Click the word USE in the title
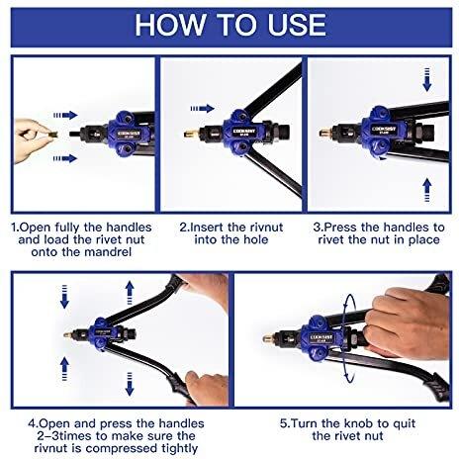point(297,25)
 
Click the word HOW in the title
point(170,25)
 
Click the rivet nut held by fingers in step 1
point(52,135)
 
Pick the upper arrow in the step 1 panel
point(65,115)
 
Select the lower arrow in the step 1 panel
point(65,158)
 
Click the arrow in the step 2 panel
point(203,108)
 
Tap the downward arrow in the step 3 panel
point(427,79)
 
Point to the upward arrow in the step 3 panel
point(427,190)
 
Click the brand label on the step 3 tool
point(384,129)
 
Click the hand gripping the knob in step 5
point(406,323)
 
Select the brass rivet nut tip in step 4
point(68,335)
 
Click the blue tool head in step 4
point(102,335)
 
